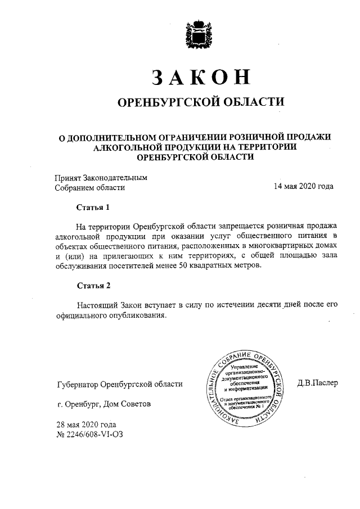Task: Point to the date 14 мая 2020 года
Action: tap(303, 187)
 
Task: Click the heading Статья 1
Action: tap(93, 207)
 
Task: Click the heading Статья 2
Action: tap(93, 286)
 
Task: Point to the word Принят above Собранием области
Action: tap(67, 177)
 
